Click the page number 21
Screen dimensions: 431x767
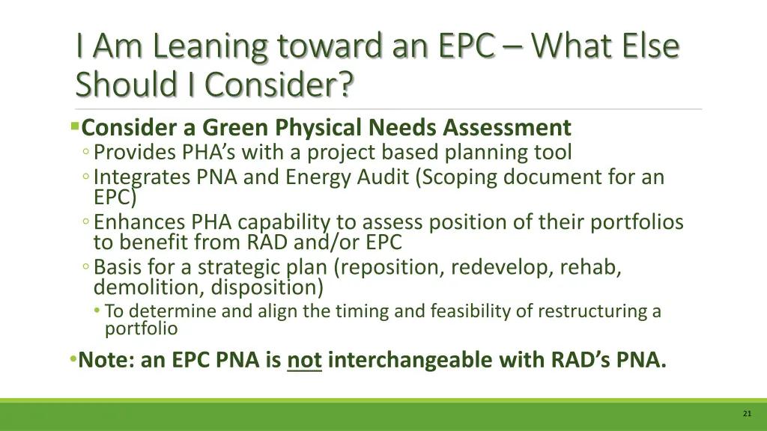click(x=747, y=413)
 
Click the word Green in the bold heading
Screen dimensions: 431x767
click(x=237, y=128)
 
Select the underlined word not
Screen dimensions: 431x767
click(x=304, y=360)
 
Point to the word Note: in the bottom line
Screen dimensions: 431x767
click(x=106, y=360)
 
